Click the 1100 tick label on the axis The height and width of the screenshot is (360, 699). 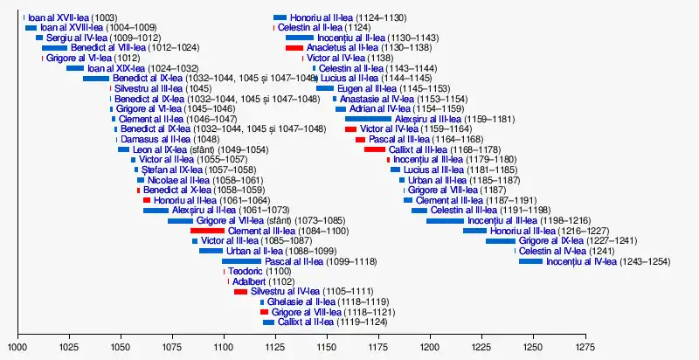[x=225, y=347]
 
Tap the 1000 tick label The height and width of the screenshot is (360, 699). [x=18, y=347]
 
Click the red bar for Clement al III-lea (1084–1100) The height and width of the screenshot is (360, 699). [x=207, y=231]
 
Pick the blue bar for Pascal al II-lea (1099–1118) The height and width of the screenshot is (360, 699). [x=241, y=261]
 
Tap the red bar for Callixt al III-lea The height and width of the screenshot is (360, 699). [x=375, y=149]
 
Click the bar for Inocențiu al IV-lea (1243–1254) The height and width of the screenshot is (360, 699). [x=530, y=261]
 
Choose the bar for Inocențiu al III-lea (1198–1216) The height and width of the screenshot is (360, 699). [x=445, y=220]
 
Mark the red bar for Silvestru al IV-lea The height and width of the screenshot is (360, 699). [x=240, y=292]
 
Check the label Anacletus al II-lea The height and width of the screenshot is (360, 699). [x=343, y=47]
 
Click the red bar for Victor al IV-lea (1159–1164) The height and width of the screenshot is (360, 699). [x=351, y=129]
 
